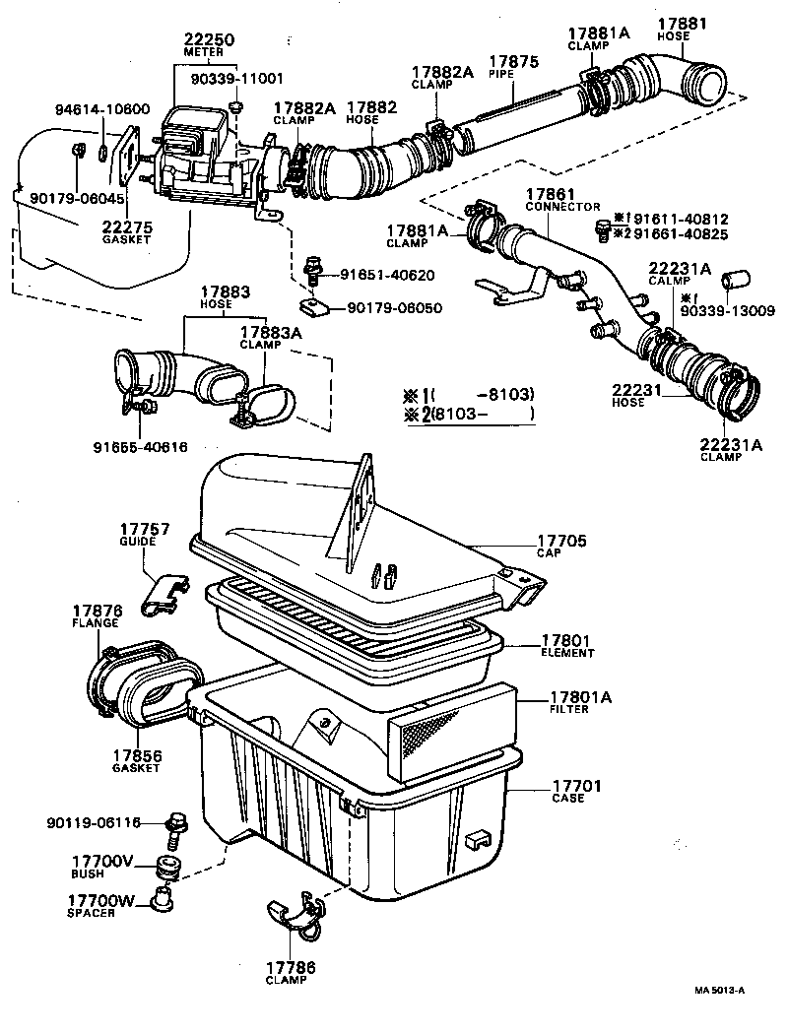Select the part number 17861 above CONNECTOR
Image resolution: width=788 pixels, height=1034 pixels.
549,195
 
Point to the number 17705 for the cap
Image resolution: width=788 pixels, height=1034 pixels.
561,541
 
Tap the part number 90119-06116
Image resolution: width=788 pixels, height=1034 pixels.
94,822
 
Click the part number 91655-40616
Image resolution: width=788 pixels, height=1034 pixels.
141,446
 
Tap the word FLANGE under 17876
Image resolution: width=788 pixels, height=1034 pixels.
96,623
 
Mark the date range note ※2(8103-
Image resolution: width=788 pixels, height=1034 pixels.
469,414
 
